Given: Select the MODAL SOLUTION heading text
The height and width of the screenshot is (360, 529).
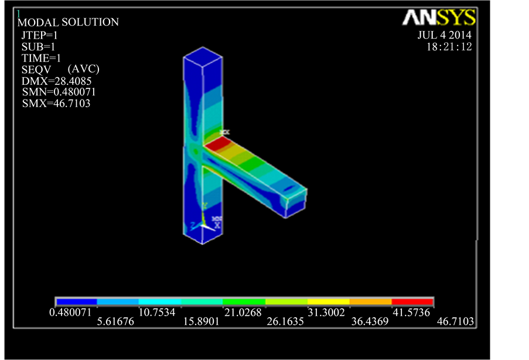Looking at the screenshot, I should tap(69, 22).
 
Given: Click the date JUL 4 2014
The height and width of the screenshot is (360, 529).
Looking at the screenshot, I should tap(444, 35).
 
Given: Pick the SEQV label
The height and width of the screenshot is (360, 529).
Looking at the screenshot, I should tap(33, 69).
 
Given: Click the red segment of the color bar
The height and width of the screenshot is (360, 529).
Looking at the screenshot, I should tap(412, 302).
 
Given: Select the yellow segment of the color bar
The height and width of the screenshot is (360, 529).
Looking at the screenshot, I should tap(328, 302).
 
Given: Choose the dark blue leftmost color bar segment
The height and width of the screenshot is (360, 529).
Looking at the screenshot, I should tap(76, 302).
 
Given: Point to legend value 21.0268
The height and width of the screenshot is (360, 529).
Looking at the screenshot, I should tap(243, 313).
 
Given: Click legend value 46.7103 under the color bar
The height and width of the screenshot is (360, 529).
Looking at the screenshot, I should tap(455, 323).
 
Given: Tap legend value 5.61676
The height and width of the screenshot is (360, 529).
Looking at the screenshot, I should tap(116, 323).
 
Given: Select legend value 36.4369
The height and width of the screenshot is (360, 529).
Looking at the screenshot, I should tap(370, 323).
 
